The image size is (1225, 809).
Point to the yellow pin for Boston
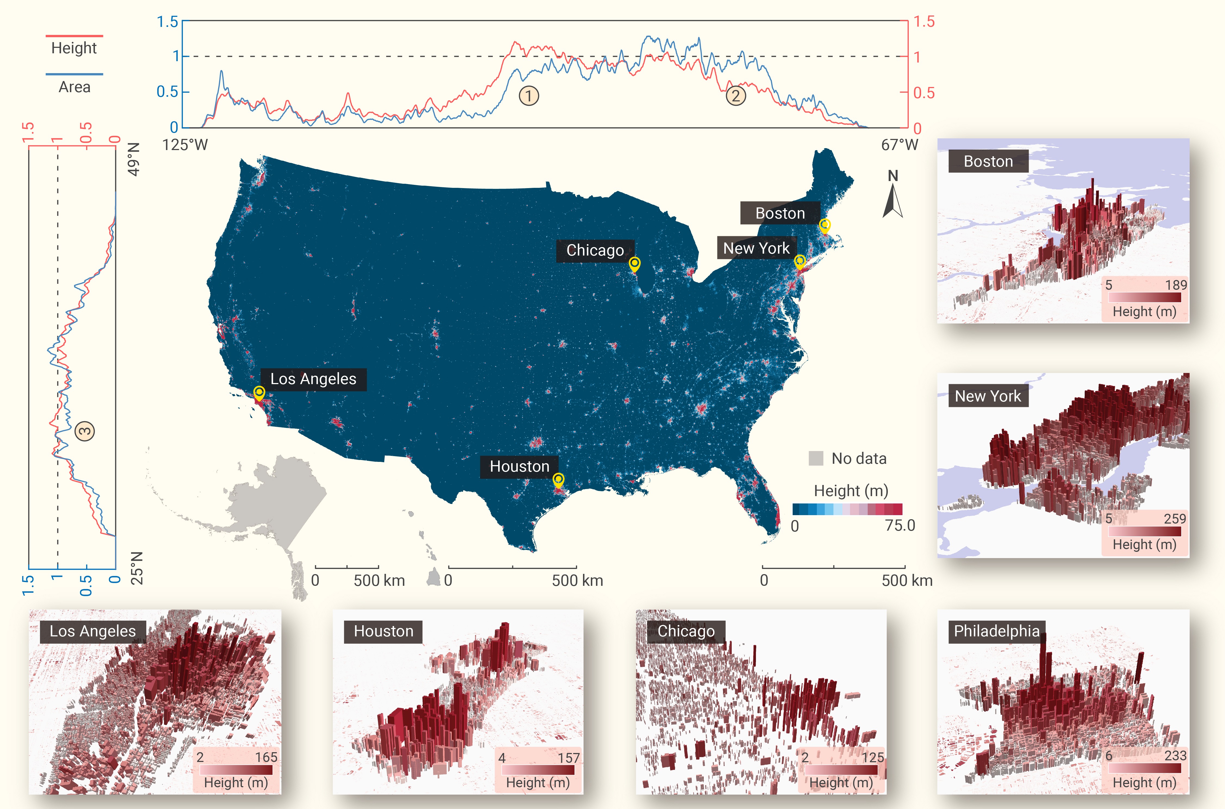(x=824, y=225)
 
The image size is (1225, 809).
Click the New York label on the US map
(x=756, y=248)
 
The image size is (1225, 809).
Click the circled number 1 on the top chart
(x=528, y=95)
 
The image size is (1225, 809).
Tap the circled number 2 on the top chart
(x=736, y=95)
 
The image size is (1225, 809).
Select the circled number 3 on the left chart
(x=85, y=431)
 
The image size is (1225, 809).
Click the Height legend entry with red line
(x=74, y=48)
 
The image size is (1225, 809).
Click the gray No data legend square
(x=816, y=458)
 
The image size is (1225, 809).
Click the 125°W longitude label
(x=185, y=145)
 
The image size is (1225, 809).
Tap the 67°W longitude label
(x=900, y=145)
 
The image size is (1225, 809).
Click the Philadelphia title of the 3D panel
(x=996, y=631)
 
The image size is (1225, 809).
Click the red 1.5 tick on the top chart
(x=924, y=22)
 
